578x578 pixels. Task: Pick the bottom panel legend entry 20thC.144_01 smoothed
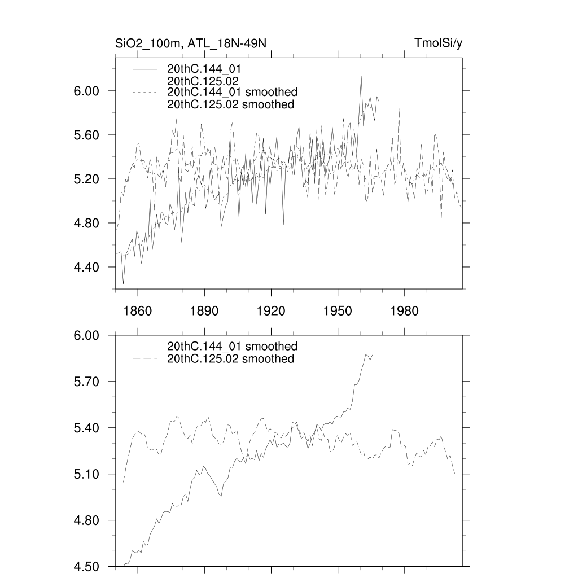[x=232, y=346]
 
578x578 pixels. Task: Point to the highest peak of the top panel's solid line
[x=361, y=76]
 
